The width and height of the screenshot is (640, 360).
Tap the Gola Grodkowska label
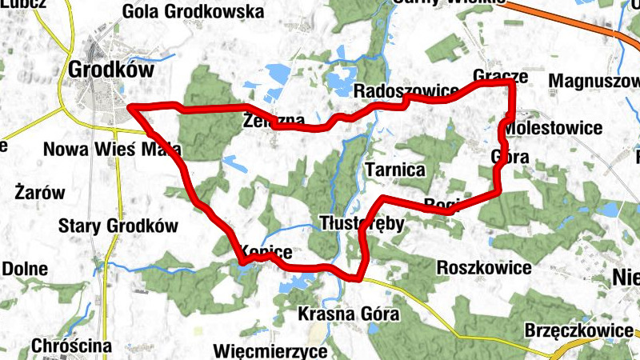pyautogui.click(x=194, y=12)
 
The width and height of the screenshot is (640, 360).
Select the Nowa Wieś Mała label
pyautogui.click(x=112, y=150)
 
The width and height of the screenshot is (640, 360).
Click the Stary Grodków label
pyautogui.click(x=118, y=226)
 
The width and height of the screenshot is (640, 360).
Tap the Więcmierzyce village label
pyautogui.click(x=271, y=350)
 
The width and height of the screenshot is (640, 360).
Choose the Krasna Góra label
pyautogui.click(x=348, y=314)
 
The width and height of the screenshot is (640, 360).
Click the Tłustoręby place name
pyautogui.click(x=362, y=222)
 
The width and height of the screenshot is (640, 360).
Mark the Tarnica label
pyautogui.click(x=394, y=170)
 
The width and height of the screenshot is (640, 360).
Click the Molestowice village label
pyautogui.click(x=554, y=128)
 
